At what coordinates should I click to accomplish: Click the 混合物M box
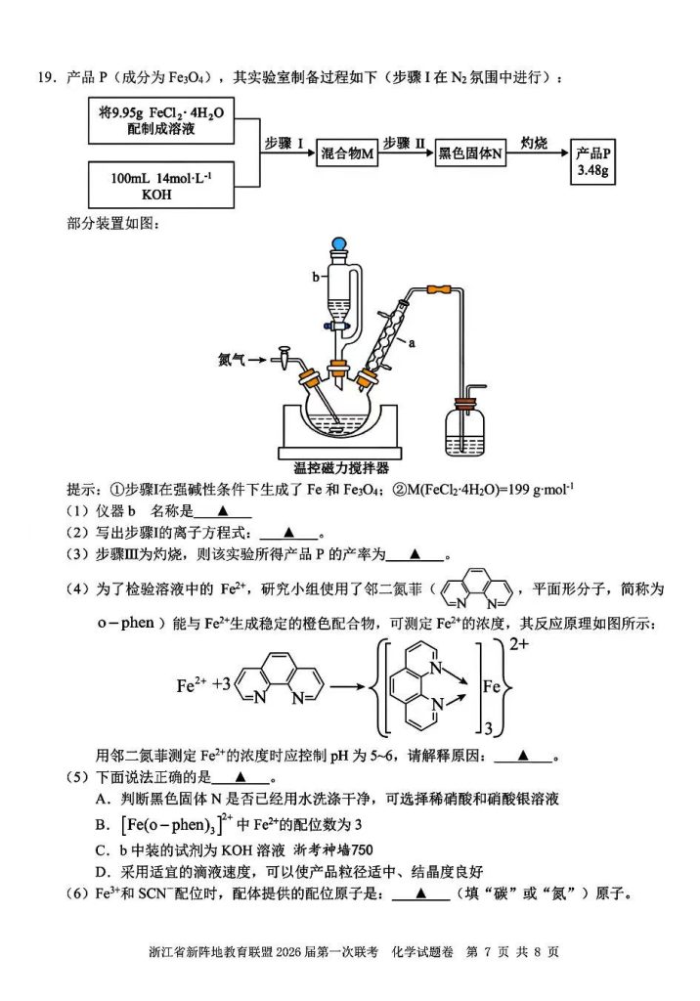[x=348, y=153]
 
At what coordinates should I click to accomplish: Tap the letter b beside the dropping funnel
[x=316, y=277]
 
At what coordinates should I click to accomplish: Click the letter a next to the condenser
[x=412, y=343]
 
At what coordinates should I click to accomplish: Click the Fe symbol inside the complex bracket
[x=495, y=687]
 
